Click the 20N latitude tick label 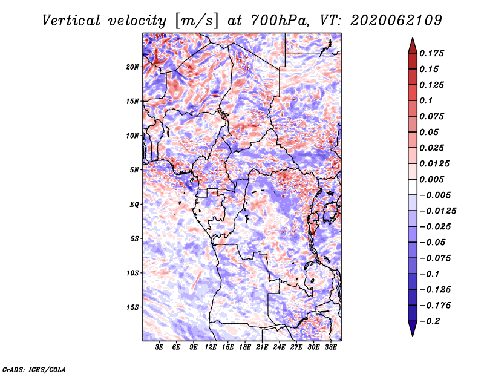pos(132,67)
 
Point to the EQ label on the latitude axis pos(134,205)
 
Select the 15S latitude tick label pos(132,307)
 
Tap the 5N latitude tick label pos(134,170)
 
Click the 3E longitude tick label pos(159,347)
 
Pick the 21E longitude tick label pos(262,347)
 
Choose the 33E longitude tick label pos(330,347)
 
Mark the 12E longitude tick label pos(210,347)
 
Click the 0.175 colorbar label pos(431,53)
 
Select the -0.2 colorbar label pos(430,321)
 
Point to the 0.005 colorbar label pos(431,179)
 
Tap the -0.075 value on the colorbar pos(435,258)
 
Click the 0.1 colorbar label pos(426,100)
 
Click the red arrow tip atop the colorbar pos(413,38)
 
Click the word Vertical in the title pos(71,21)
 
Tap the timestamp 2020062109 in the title pos(396,21)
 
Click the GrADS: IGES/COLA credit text pos(34,369)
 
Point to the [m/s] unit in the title pos(197,21)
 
